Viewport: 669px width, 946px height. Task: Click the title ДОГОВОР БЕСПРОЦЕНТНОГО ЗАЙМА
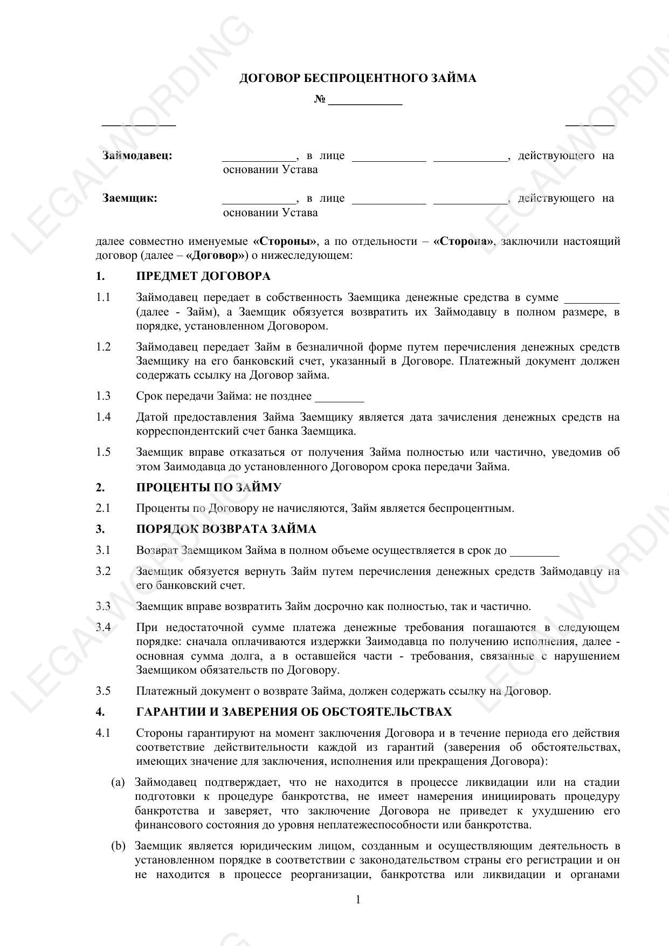pyautogui.click(x=357, y=79)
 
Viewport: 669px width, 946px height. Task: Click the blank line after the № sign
pyautogui.click(x=365, y=101)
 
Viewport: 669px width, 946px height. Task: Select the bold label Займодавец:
pyautogui.click(x=137, y=156)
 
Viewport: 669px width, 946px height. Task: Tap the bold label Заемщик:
pyautogui.click(x=130, y=198)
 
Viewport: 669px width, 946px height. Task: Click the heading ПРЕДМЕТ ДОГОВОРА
pyautogui.click(x=203, y=277)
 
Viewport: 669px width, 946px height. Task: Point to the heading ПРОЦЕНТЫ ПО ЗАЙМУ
pyautogui.click(x=209, y=488)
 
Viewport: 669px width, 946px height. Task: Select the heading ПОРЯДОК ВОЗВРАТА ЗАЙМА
pyautogui.click(x=226, y=529)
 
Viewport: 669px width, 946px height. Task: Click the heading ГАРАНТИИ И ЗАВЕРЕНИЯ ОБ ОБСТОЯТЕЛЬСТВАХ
pyautogui.click(x=294, y=712)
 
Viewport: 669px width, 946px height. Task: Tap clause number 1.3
pyautogui.click(x=103, y=396)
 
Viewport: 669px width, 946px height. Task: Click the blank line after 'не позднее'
pyautogui.click(x=339, y=399)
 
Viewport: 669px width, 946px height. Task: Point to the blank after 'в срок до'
pyautogui.click(x=534, y=553)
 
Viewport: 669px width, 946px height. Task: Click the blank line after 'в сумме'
pyautogui.click(x=591, y=300)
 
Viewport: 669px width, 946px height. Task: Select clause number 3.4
pyautogui.click(x=103, y=628)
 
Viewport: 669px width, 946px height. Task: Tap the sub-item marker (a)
pyautogui.click(x=118, y=783)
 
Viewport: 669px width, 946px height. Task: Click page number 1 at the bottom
pyautogui.click(x=358, y=900)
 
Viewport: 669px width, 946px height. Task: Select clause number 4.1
pyautogui.click(x=103, y=734)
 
